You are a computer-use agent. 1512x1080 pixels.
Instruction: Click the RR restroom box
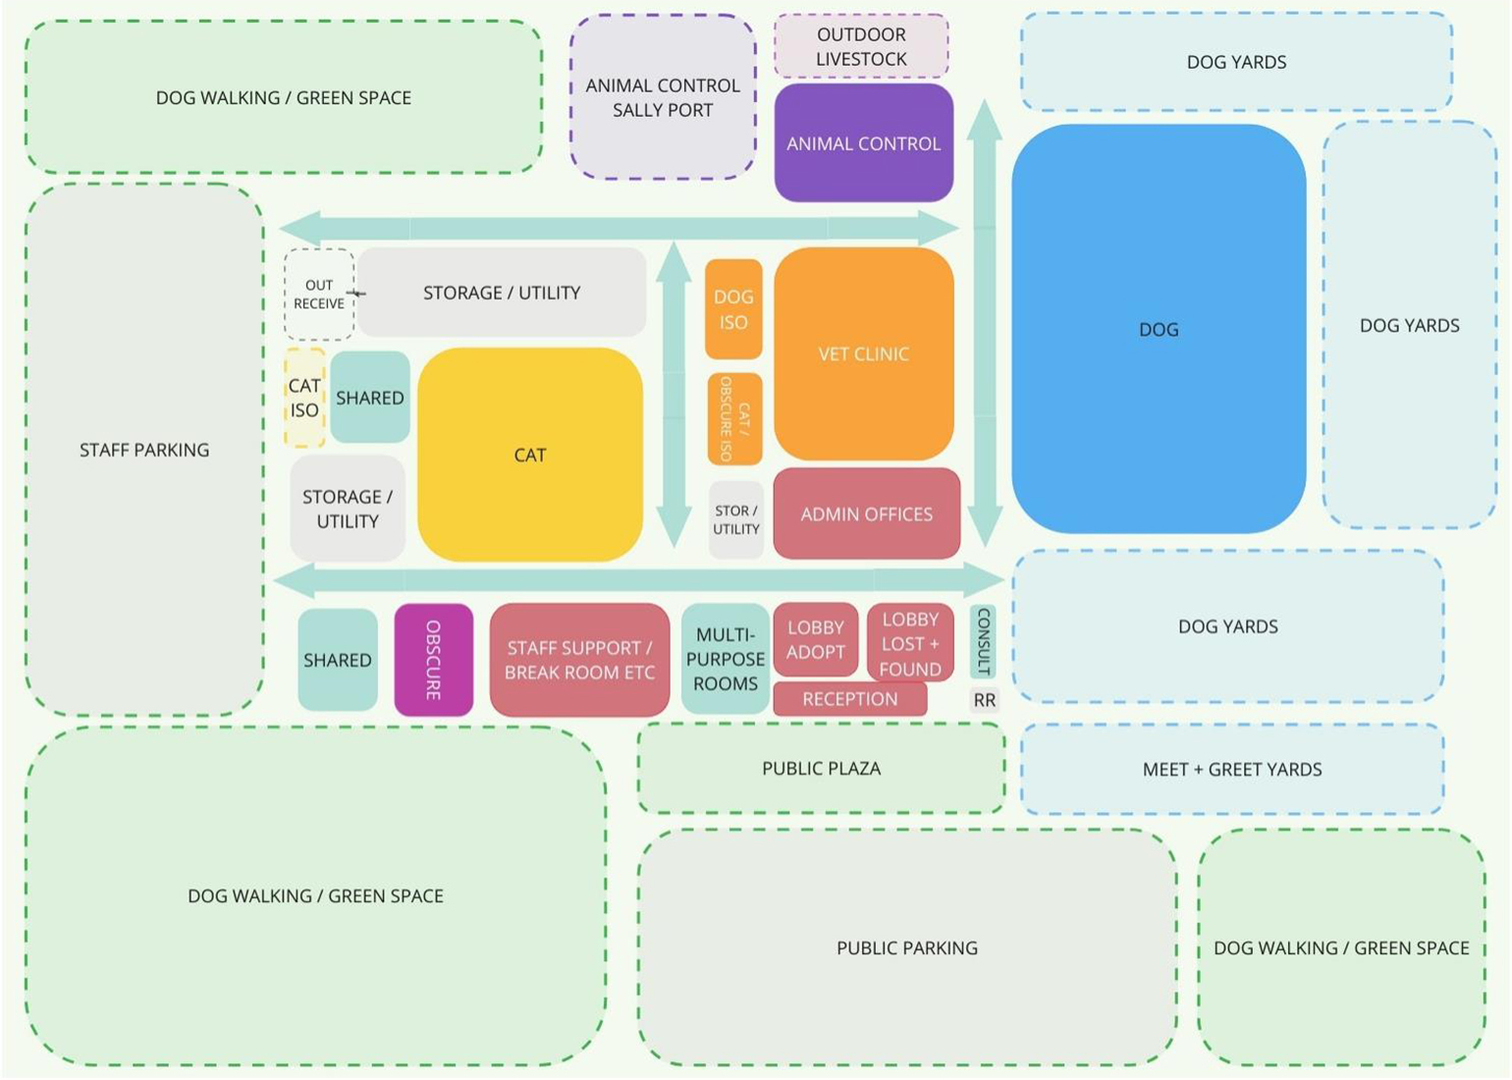point(984,700)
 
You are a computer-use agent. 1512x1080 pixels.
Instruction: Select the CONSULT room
point(983,641)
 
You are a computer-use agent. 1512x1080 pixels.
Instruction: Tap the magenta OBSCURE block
point(433,660)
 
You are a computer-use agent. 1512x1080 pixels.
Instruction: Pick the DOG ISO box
point(733,309)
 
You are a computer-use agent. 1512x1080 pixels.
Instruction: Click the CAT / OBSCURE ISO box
point(734,419)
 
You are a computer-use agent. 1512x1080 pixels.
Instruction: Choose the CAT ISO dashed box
point(304,398)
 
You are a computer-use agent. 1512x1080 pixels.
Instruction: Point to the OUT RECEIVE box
point(319,295)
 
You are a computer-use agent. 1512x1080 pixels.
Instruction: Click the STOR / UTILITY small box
point(736,520)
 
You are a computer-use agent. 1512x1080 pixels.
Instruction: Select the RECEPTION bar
point(850,699)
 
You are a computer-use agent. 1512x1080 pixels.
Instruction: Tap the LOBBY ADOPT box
point(815,639)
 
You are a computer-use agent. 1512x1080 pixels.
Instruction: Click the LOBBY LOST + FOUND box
point(910,644)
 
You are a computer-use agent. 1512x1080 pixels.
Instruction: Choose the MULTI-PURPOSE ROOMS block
point(726,659)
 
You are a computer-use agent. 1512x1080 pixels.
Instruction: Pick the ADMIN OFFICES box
point(866,513)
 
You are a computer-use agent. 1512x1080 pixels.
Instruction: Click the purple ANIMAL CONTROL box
point(863,143)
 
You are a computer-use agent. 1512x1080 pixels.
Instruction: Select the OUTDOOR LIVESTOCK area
point(861,46)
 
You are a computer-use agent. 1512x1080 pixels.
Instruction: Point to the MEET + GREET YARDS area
point(1232,770)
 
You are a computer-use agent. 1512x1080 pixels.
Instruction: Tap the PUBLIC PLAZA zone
point(821,769)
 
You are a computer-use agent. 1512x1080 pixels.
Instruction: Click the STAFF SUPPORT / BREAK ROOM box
point(579,660)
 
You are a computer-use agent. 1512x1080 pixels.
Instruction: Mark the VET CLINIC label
point(863,353)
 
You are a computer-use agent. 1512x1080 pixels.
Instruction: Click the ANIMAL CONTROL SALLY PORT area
point(663,97)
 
